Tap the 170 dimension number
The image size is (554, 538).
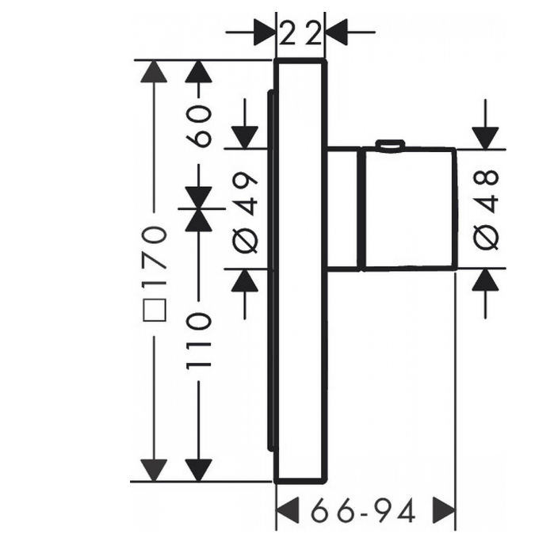[155, 254]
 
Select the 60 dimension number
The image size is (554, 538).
[199, 127]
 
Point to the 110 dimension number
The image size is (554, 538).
[199, 341]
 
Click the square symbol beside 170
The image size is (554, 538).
[155, 310]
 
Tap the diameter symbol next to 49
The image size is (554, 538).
[246, 241]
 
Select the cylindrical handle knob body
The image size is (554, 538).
[408, 209]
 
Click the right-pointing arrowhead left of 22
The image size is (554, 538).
[264, 32]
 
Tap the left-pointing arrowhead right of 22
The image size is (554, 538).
[337, 32]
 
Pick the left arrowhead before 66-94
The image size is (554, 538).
[288, 510]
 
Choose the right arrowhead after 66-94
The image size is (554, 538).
[444, 510]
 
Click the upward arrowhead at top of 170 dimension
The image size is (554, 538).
[154, 72]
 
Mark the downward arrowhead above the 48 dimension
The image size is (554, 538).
[486, 138]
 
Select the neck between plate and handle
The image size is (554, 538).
[344, 208]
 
